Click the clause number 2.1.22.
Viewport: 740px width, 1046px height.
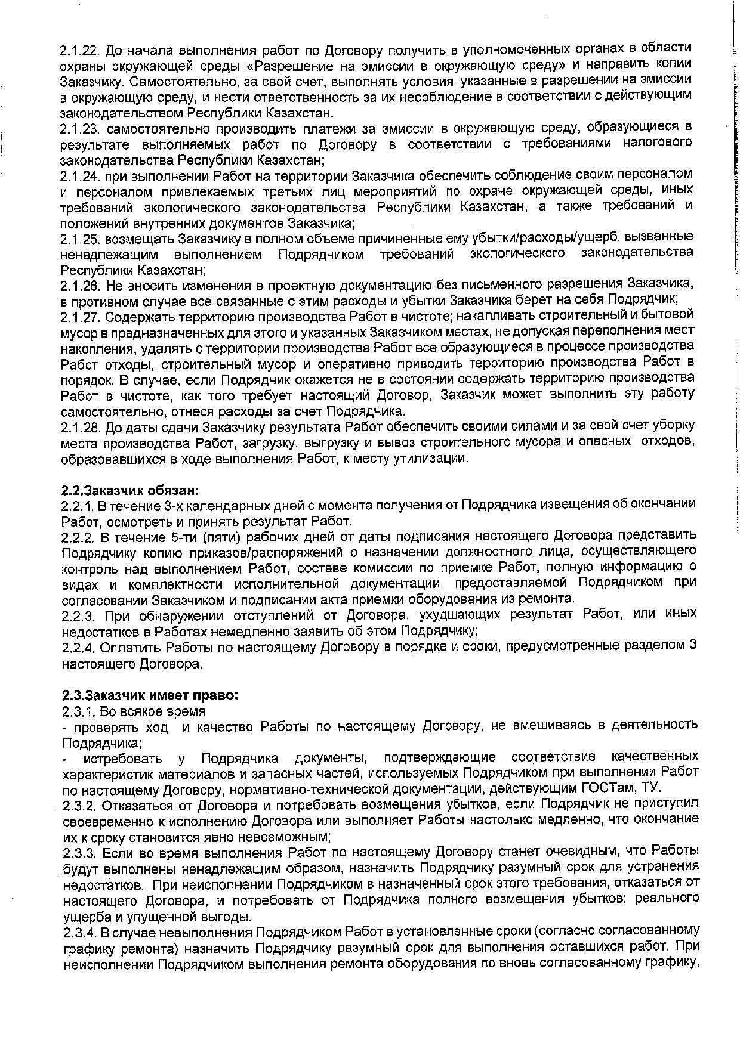[x=80, y=49]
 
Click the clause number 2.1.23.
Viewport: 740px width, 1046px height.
[x=80, y=128]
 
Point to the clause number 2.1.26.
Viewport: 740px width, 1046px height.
[x=80, y=283]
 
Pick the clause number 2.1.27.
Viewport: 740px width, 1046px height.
[x=80, y=315]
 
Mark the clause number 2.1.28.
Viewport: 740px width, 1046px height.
[x=80, y=427]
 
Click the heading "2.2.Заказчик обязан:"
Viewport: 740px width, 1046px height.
[x=129, y=491]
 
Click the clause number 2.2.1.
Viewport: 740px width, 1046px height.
[x=77, y=506]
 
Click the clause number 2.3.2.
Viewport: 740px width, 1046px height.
[x=79, y=806]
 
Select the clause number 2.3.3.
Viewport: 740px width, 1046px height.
[x=79, y=851]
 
